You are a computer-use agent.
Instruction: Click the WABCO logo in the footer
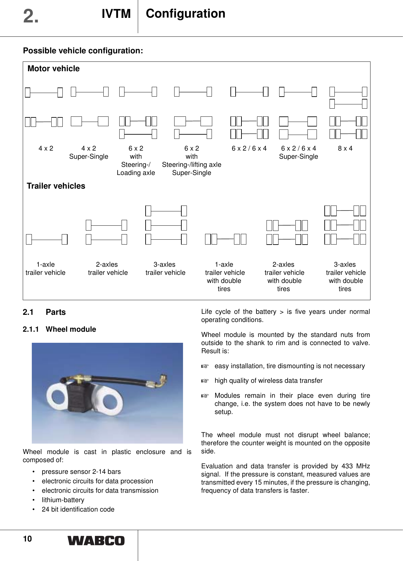click(x=96, y=541)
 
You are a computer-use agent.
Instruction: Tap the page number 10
click(x=27, y=539)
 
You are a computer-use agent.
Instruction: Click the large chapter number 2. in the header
click(x=31, y=16)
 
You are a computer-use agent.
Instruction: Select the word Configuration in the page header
click(x=185, y=14)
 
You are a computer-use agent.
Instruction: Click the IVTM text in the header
click(x=116, y=14)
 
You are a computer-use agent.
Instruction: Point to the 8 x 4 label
click(x=345, y=149)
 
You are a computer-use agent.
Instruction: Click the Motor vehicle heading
click(x=54, y=69)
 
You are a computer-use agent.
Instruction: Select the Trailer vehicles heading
click(x=56, y=186)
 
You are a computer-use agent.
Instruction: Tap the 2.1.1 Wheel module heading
click(x=59, y=329)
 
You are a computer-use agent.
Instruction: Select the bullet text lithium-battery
click(x=63, y=500)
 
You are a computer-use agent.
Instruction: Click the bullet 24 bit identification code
click(x=78, y=509)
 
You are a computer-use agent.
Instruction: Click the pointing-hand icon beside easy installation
click(x=204, y=367)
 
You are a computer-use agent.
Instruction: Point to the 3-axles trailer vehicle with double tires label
click(x=345, y=276)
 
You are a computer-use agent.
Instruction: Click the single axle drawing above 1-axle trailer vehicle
click(x=47, y=239)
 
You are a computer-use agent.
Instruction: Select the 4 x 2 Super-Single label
click(x=88, y=153)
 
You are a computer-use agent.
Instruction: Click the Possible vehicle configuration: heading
click(x=83, y=51)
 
